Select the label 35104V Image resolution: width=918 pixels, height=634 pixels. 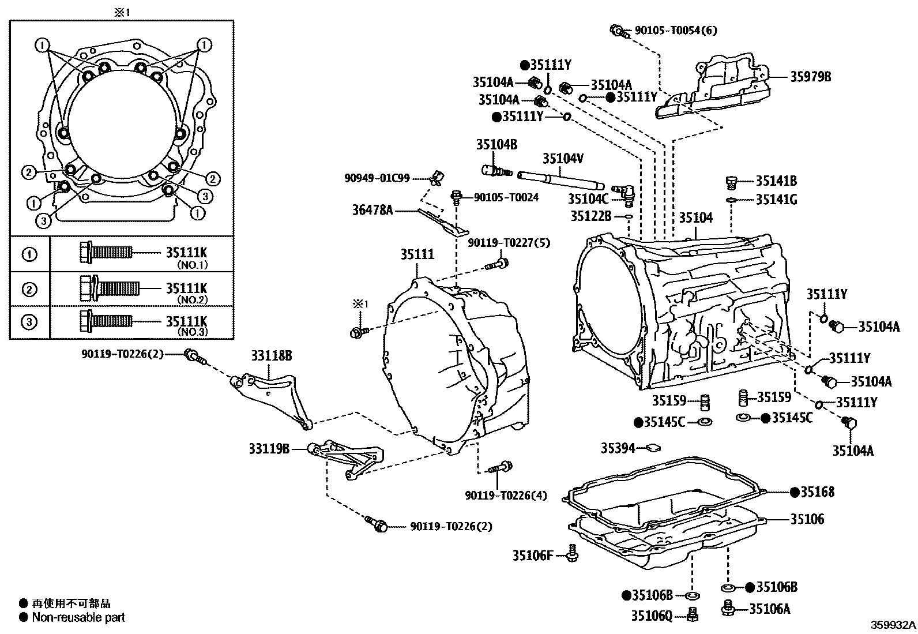point(563,158)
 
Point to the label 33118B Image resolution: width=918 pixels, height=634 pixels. point(271,356)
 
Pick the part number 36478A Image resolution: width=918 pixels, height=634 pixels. point(373,211)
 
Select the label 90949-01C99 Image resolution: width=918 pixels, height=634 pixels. point(377,178)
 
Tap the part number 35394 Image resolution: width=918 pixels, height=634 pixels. point(618,448)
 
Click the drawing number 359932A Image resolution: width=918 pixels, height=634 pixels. point(893,625)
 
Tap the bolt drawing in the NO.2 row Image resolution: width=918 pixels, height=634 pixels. point(109,287)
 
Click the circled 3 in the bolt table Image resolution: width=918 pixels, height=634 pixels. point(29,321)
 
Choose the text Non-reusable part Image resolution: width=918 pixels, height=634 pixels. point(78,617)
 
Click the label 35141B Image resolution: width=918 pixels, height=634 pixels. point(776,181)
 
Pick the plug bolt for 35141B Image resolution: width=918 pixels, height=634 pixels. point(731,182)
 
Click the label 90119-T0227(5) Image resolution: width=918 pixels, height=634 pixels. point(509,243)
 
